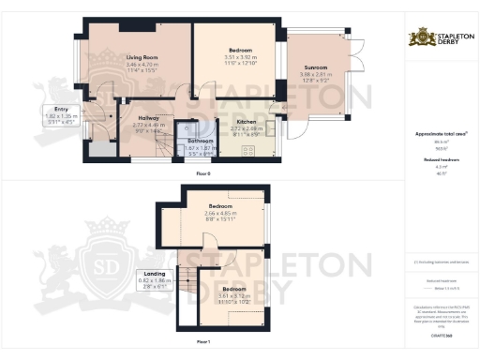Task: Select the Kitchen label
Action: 247,122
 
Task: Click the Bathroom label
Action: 199,141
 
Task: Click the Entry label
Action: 49,110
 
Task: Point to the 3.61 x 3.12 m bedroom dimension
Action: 233,295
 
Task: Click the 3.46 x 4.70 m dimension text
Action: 142,64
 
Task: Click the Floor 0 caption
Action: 203,174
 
